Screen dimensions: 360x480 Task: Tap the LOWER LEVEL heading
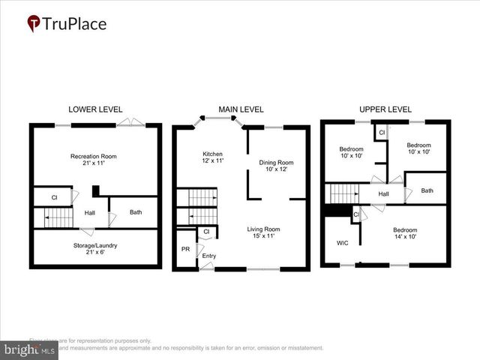[x=95, y=109]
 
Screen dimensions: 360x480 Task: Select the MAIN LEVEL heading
[x=241, y=109]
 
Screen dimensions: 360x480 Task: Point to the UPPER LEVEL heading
[x=385, y=109]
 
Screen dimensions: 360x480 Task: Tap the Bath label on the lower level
[x=136, y=212]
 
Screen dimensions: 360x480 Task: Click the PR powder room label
[x=185, y=249]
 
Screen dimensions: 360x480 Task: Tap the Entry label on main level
[x=209, y=256]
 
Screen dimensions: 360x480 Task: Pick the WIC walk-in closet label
[x=342, y=243]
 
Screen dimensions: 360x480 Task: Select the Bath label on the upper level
[x=427, y=190]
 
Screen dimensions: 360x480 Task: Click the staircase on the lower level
[x=58, y=217]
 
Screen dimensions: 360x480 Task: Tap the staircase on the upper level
[x=346, y=193]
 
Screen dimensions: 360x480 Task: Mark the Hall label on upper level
[x=383, y=194]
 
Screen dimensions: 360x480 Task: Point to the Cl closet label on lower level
[x=54, y=198]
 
